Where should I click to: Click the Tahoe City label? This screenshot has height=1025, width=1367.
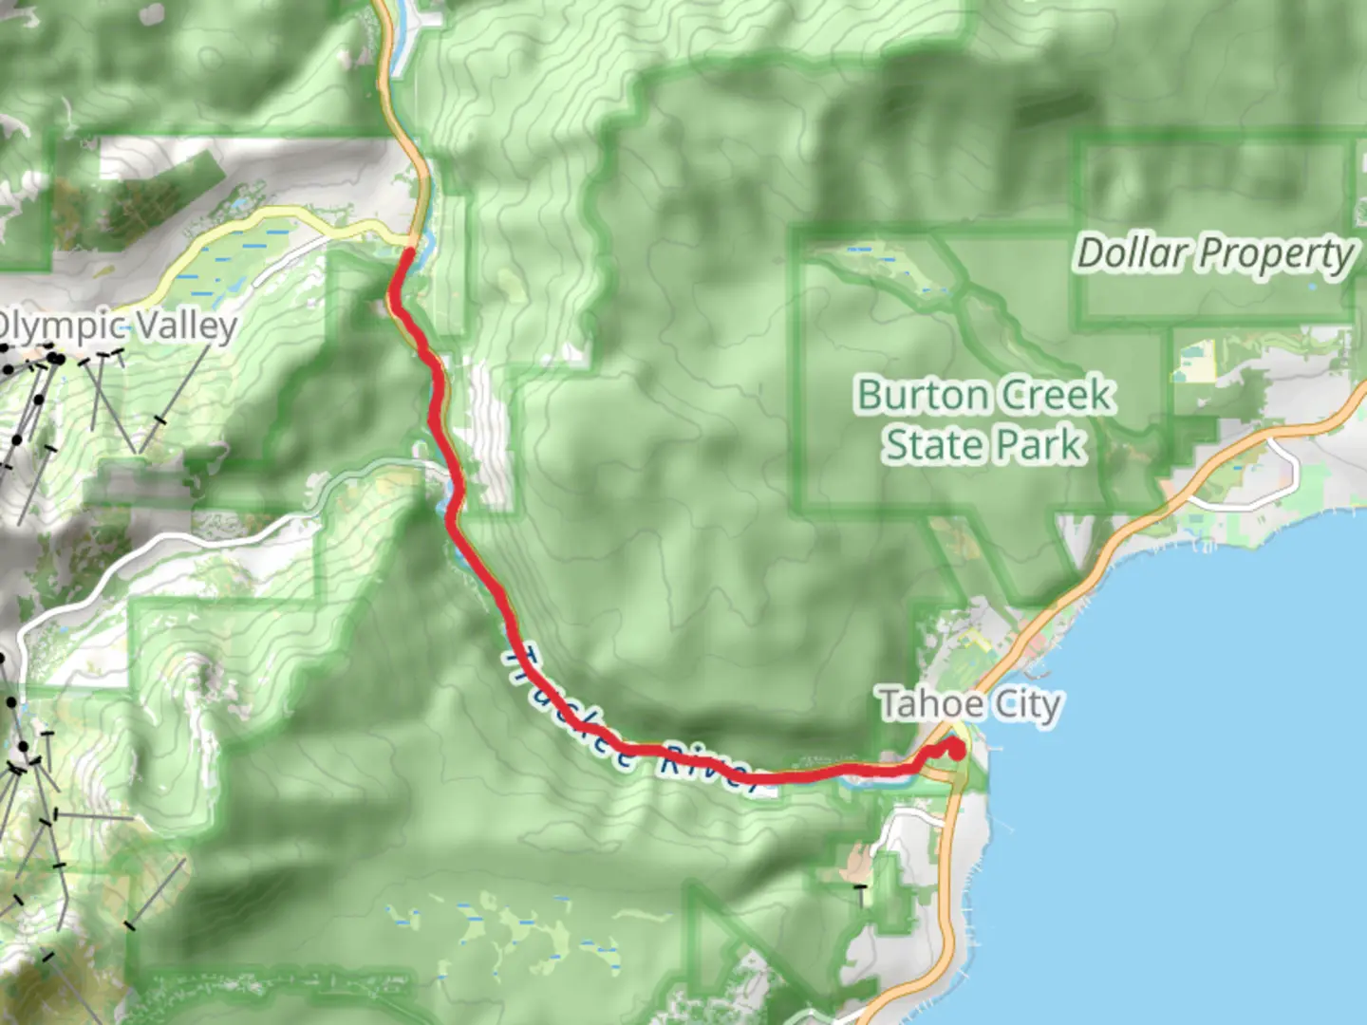[x=969, y=705]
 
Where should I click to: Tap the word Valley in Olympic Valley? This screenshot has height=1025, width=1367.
[x=186, y=326]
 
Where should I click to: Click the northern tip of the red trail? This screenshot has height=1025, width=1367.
[x=407, y=251]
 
